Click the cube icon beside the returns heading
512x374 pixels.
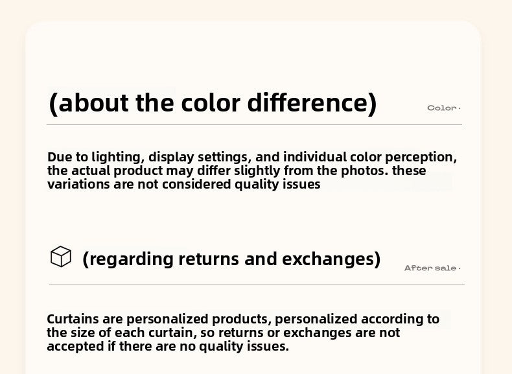click(61, 257)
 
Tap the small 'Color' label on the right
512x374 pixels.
click(442, 108)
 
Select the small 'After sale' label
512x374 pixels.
click(430, 268)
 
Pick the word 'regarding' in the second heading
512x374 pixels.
click(132, 259)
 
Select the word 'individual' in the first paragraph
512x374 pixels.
click(315, 157)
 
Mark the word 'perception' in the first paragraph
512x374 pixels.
click(421, 158)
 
